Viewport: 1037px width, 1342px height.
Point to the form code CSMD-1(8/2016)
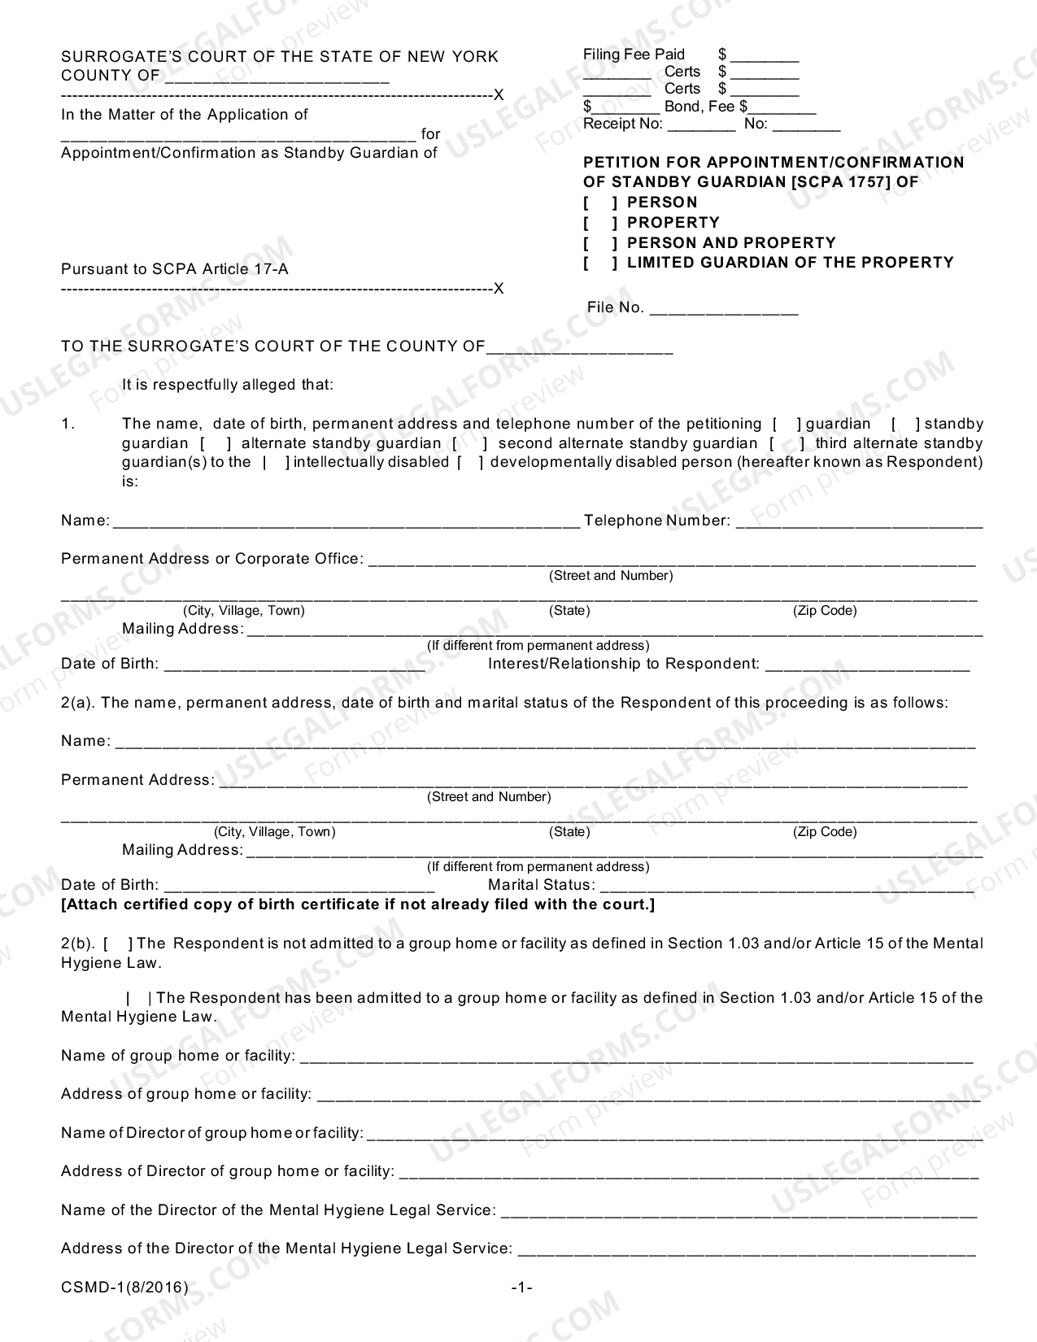pyautogui.click(x=124, y=1288)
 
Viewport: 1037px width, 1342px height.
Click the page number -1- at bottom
pyautogui.click(x=521, y=1288)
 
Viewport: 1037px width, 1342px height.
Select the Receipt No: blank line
pyautogui.click(x=701, y=124)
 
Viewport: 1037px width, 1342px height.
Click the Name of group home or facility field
pyautogui.click(x=636, y=1057)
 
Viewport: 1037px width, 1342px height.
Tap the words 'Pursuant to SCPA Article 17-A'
pyautogui.click(x=175, y=269)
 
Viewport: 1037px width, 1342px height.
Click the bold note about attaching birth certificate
pyautogui.click(x=358, y=904)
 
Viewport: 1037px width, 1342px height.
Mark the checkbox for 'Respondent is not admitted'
pyautogui.click(x=119, y=944)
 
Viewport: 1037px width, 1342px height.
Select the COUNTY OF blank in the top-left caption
pyautogui.click(x=277, y=76)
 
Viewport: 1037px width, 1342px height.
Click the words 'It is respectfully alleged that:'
pyautogui.click(x=228, y=385)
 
